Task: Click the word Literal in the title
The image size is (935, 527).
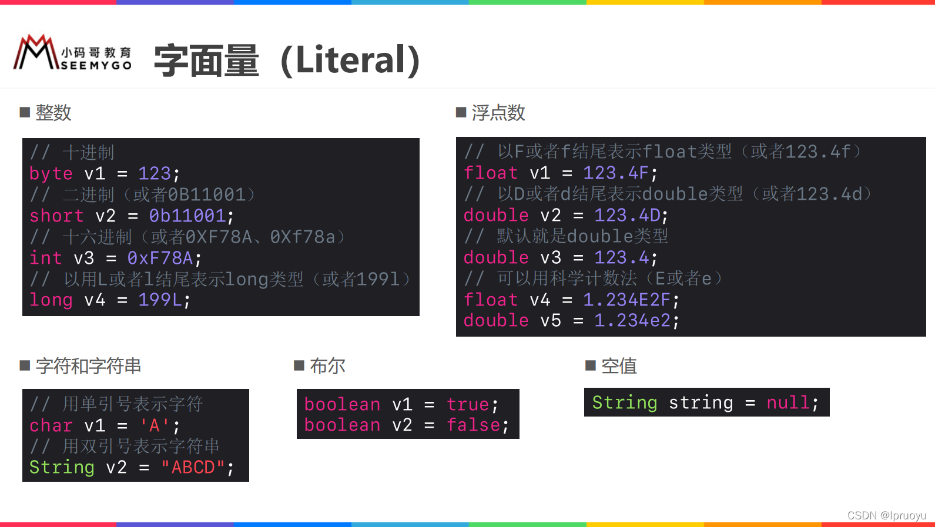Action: click(x=350, y=60)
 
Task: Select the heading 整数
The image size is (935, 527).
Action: click(x=53, y=112)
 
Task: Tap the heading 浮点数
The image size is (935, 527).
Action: click(x=498, y=112)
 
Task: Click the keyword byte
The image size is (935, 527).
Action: click(x=51, y=173)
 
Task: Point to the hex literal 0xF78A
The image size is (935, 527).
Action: click(x=160, y=258)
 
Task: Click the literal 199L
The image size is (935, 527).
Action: click(x=160, y=300)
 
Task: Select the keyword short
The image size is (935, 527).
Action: click(x=56, y=216)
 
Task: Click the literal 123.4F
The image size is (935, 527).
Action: click(x=616, y=173)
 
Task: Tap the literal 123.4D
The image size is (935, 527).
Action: click(x=627, y=215)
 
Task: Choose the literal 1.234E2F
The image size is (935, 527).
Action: click(x=626, y=300)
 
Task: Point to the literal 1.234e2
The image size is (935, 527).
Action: click(x=632, y=320)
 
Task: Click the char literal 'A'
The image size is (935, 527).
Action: click(x=155, y=425)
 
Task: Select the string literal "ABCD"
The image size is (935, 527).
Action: click(x=193, y=467)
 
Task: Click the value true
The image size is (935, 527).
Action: click(x=468, y=404)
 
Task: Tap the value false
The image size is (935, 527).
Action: click(x=474, y=425)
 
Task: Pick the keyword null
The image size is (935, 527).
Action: click(x=788, y=402)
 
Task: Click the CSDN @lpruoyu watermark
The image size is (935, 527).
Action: click(x=886, y=515)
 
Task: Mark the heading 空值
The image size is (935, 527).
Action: click(x=619, y=366)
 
